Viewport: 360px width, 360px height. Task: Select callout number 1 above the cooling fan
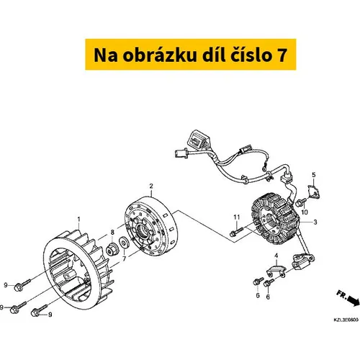(79, 219)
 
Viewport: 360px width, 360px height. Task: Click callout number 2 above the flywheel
(151, 186)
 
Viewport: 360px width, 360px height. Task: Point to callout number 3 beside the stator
(315, 222)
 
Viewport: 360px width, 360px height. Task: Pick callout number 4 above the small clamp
(276, 256)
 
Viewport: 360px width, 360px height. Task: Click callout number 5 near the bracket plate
(314, 175)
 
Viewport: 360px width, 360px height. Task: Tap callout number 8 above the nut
(112, 232)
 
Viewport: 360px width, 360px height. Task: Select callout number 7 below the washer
(124, 258)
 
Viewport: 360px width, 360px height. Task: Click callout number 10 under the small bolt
(305, 212)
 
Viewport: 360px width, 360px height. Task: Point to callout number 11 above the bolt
(237, 217)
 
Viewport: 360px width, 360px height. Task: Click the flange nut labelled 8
(112, 248)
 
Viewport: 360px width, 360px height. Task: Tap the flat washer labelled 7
(125, 243)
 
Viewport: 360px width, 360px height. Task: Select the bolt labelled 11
(236, 232)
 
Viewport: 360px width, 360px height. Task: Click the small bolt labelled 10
(301, 202)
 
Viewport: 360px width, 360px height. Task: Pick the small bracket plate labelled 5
(314, 192)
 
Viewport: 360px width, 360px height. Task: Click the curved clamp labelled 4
(276, 271)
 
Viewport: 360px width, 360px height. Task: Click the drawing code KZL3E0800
(346, 320)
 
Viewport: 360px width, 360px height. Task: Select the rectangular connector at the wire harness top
(198, 140)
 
